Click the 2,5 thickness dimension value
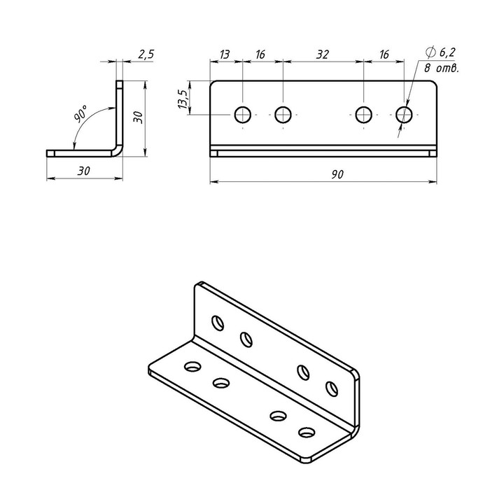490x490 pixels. pos(146,55)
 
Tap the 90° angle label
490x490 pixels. pos(80,113)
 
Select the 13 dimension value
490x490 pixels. pos(225,55)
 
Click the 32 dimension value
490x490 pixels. pos(323,55)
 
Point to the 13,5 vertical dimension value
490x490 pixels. pos(183,99)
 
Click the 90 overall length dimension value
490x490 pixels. pos(337,174)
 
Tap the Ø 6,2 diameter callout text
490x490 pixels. pos(440,52)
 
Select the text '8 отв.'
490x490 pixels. pos(442,69)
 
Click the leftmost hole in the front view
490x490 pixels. pos(242,115)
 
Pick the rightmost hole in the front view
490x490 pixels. pos(404,115)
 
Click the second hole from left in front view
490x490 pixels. pos(283,115)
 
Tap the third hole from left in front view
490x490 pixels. pos(364,115)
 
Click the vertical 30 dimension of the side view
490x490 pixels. pos(139,118)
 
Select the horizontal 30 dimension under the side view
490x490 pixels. pos(84,171)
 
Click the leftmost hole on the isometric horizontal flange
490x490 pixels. pos(192,366)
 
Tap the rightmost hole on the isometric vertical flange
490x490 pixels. pos(332,388)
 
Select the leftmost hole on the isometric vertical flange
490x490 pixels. pos(218,323)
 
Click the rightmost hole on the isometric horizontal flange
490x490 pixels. pos(307,433)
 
